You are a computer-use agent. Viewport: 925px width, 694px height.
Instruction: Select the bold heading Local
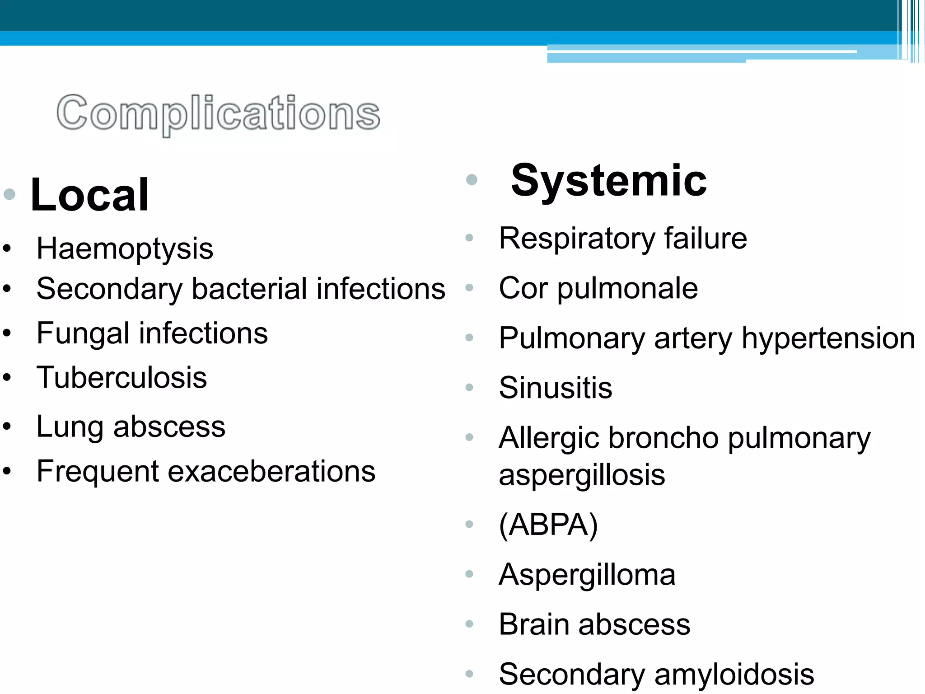click(89, 195)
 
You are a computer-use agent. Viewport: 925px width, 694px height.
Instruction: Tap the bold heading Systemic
click(608, 181)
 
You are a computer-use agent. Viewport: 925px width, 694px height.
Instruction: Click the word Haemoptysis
click(125, 249)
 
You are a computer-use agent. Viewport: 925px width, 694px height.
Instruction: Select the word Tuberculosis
click(121, 378)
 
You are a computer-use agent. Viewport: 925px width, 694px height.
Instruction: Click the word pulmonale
click(627, 289)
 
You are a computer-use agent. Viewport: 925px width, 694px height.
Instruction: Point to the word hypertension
click(828, 338)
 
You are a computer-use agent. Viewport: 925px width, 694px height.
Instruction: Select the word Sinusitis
click(556, 388)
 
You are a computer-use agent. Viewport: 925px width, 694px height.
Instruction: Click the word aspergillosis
click(582, 475)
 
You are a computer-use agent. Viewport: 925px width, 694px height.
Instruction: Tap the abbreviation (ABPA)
click(548, 525)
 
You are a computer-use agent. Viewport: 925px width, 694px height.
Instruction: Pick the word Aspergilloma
click(587, 575)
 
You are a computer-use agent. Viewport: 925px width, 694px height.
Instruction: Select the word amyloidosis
click(734, 674)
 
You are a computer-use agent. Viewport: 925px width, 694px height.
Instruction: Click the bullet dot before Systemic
click(472, 180)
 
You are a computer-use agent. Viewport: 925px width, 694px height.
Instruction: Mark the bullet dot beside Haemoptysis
click(7, 249)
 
